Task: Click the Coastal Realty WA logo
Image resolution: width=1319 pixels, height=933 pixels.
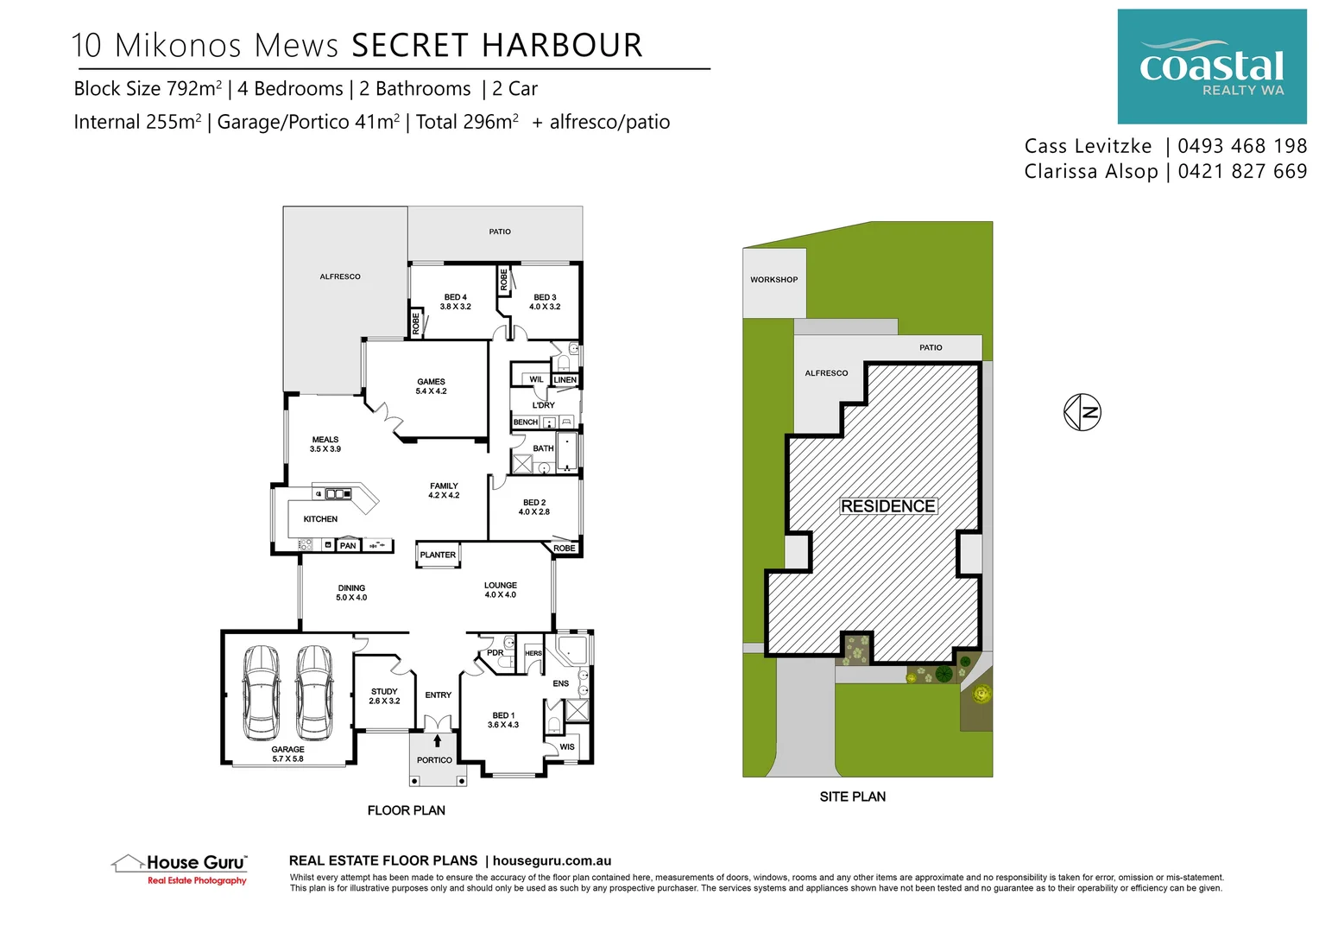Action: [1211, 67]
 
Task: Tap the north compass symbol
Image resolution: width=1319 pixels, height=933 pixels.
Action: [1082, 412]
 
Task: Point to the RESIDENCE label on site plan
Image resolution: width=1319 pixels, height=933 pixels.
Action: [888, 506]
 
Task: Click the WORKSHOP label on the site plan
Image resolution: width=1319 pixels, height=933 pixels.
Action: [773, 280]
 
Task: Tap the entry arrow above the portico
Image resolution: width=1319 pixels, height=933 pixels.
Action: [438, 740]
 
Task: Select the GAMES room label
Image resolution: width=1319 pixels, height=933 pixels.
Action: [431, 382]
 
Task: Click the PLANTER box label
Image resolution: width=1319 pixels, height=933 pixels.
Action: [438, 555]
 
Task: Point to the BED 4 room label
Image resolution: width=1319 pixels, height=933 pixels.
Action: [455, 297]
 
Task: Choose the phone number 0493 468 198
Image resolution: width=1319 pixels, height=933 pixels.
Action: [1241, 146]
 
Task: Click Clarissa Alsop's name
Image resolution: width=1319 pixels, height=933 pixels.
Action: [1090, 172]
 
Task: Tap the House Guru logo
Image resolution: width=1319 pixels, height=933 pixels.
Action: [180, 868]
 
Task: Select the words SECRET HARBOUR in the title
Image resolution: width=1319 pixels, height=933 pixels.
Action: [497, 46]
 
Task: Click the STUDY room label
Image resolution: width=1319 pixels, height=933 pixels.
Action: [384, 691]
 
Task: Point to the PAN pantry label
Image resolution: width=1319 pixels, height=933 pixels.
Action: [348, 545]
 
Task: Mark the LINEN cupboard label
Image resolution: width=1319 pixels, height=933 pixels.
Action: [565, 380]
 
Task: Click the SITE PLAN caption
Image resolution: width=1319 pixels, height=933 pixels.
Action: [852, 797]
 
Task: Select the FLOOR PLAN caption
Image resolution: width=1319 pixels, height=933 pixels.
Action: [406, 810]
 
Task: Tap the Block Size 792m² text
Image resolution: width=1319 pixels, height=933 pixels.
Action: [148, 89]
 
